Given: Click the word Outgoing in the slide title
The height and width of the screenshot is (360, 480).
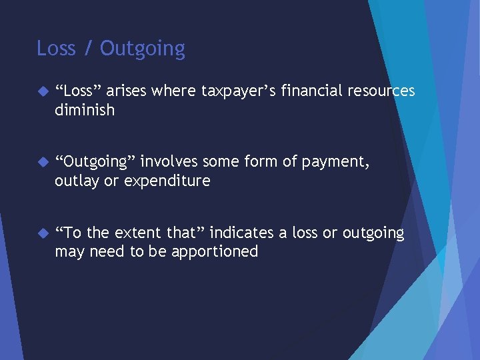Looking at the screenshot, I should tap(143, 49).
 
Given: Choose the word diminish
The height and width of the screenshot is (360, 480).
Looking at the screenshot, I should tap(85, 109).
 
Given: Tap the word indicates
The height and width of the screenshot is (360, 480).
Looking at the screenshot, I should tap(241, 233).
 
